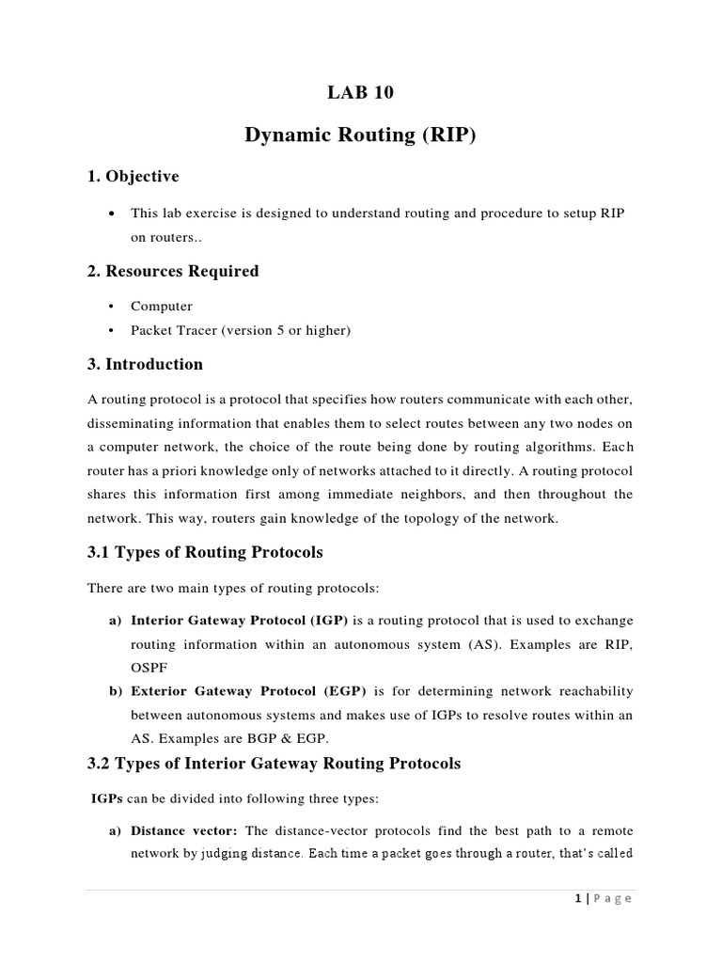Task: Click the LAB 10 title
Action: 361,92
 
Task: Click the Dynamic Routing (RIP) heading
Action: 361,135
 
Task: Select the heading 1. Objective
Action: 133,177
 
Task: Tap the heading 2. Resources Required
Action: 172,271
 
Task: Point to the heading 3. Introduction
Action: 145,364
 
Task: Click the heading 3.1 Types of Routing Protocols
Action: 205,551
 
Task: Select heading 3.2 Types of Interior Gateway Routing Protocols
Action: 274,764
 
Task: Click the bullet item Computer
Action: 162,306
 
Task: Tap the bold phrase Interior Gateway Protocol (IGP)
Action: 240,621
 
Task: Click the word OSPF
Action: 149,668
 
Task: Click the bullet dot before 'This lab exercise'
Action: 113,214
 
